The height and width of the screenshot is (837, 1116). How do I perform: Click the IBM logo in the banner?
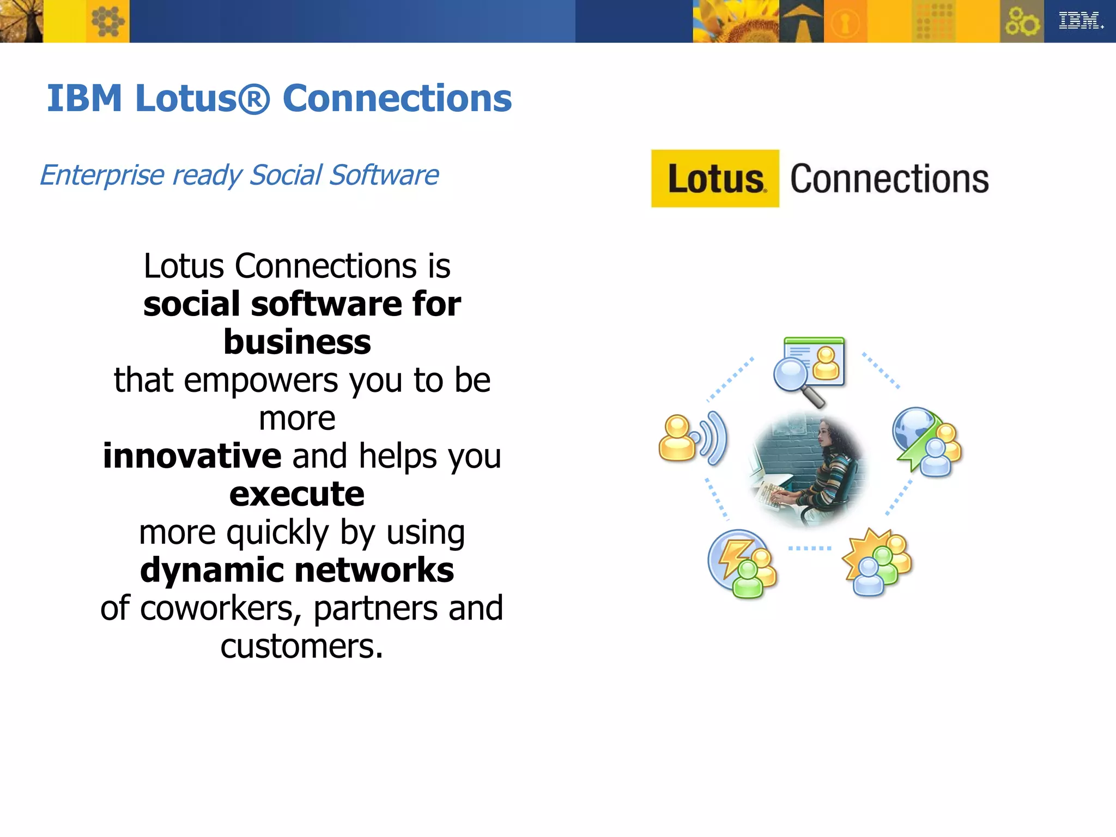(1081, 21)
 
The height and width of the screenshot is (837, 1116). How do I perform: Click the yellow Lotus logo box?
(715, 179)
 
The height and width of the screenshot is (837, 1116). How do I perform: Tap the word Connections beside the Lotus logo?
(889, 179)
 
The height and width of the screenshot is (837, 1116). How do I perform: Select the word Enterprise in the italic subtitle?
(102, 175)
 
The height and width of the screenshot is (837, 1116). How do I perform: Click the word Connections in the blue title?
(397, 99)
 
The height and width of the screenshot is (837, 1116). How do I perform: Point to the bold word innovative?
(192, 456)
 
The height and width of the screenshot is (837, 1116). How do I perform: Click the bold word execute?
(297, 494)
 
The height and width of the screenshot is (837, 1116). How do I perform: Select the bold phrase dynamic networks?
(297, 571)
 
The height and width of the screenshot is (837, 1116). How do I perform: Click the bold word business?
(297, 342)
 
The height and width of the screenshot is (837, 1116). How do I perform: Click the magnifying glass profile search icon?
(809, 369)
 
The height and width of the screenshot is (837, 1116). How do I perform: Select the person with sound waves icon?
(692, 439)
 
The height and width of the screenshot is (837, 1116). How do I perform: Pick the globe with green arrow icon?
(926, 441)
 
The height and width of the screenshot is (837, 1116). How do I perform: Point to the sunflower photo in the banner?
(736, 21)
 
